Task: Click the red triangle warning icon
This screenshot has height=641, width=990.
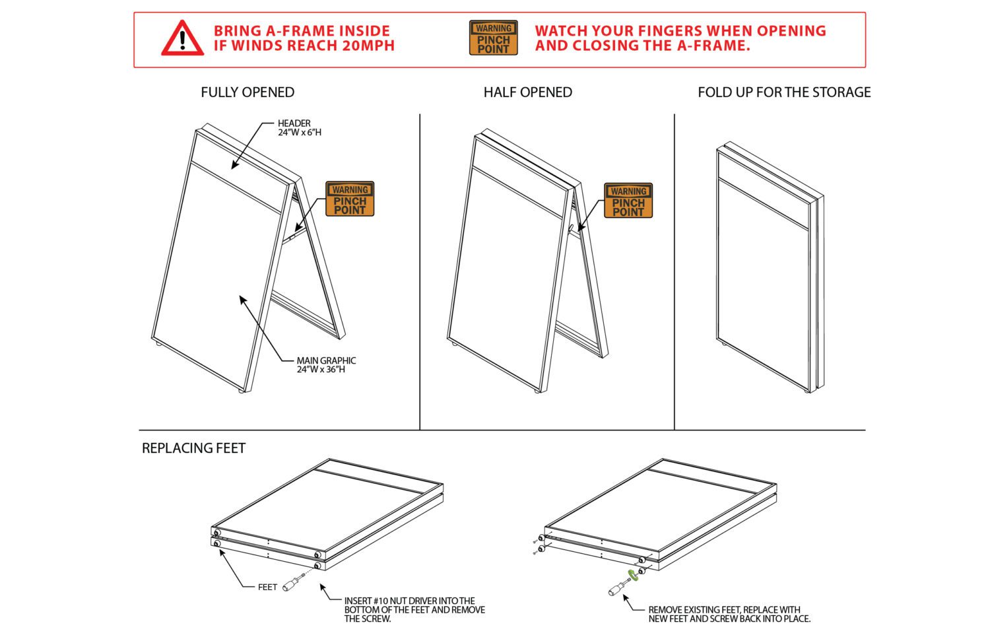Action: point(182,38)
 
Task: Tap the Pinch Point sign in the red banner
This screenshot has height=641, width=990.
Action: point(493,38)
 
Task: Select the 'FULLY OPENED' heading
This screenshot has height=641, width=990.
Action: point(247,92)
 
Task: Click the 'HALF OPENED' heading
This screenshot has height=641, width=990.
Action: point(527,92)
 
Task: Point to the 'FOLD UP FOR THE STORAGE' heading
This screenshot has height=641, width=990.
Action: point(784,92)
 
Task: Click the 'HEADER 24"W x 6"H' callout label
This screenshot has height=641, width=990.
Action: point(299,128)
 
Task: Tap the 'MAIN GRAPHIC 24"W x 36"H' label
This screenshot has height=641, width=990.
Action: point(325,365)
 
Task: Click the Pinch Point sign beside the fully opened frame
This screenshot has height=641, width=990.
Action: point(350,199)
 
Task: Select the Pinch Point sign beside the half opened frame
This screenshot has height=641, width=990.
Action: point(628,201)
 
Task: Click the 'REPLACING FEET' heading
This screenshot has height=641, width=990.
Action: point(193,448)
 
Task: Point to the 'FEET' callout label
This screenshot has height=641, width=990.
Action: point(267,587)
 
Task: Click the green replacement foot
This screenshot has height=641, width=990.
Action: point(634,574)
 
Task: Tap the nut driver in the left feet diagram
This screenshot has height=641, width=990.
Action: point(292,584)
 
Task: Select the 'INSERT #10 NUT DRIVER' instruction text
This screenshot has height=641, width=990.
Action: point(414,610)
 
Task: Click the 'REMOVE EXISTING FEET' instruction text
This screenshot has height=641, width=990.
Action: point(729,615)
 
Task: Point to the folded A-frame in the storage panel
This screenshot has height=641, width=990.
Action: point(769,267)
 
